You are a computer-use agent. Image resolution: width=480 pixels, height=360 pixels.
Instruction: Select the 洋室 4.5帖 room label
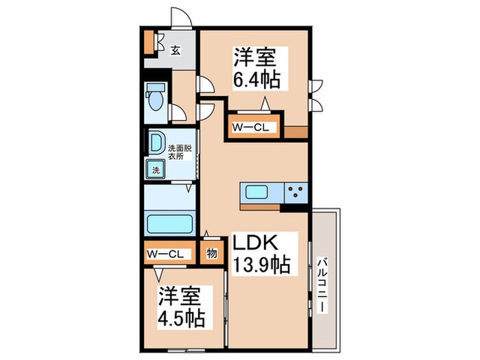[182, 309]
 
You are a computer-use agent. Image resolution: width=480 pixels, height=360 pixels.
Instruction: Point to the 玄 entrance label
[176, 49]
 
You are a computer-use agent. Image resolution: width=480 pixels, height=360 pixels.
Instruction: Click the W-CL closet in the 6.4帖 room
[253, 128]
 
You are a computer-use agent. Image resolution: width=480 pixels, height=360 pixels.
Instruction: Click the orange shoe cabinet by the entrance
[149, 43]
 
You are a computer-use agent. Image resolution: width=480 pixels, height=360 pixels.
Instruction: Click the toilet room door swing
[178, 114]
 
